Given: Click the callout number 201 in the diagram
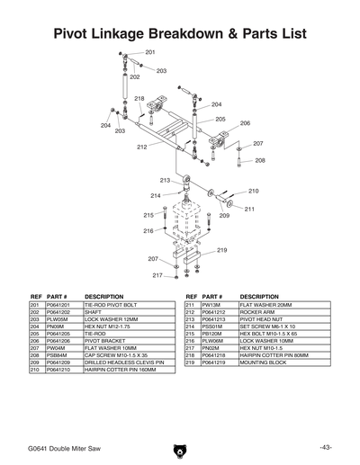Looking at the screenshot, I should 149,53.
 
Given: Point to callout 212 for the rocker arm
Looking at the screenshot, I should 142,147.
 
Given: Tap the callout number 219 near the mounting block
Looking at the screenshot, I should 221,250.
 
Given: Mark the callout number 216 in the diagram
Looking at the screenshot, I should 148,231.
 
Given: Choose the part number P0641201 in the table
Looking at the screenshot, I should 58,306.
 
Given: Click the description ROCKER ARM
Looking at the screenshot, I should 257,313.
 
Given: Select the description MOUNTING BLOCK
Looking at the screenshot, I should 264,362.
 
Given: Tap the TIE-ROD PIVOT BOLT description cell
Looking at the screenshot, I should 115,306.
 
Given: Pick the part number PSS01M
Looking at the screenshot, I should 212,326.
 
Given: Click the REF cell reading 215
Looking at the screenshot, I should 190,334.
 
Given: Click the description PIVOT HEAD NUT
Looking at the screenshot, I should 263,320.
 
